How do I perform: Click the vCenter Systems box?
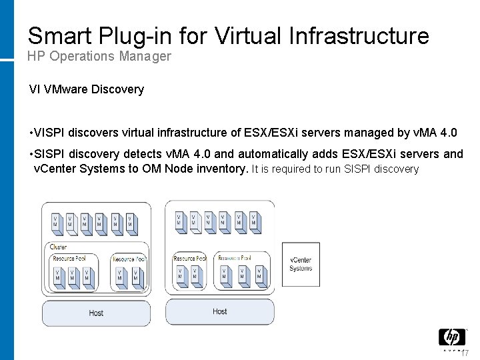coord(301,265)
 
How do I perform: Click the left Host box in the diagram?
coord(96,313)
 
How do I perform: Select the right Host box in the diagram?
coord(219,311)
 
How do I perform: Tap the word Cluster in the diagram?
coord(59,247)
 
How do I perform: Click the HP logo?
coord(451,337)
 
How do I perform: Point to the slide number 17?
coord(465,353)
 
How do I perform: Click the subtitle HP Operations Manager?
coord(99,57)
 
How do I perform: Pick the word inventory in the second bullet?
coord(221,169)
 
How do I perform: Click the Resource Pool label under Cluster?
coord(69,259)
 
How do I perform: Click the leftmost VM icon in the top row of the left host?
coord(55,221)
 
